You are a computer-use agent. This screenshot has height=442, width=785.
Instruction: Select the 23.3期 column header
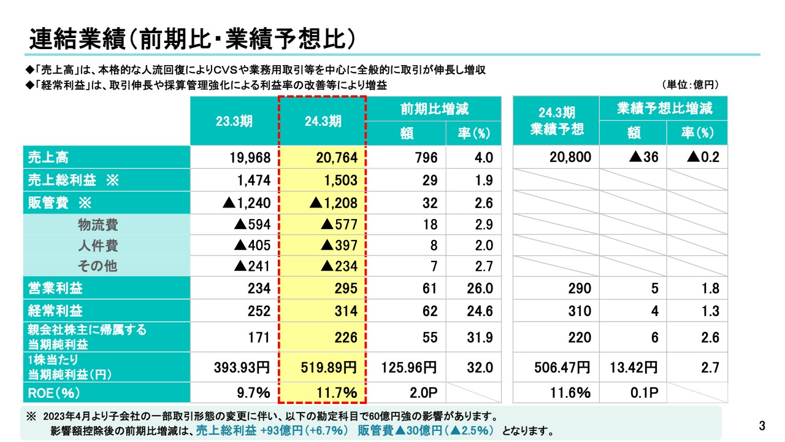point(234,121)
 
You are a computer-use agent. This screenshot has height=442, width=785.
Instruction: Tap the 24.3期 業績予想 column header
point(556,121)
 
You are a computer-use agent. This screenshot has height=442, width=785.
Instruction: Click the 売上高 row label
point(48,157)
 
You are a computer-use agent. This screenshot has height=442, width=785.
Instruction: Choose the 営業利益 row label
point(56,289)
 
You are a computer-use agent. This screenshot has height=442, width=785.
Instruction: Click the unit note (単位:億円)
point(690,85)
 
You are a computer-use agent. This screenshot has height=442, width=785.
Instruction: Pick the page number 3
point(762,425)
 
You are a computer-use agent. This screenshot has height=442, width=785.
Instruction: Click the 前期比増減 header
point(434,109)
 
